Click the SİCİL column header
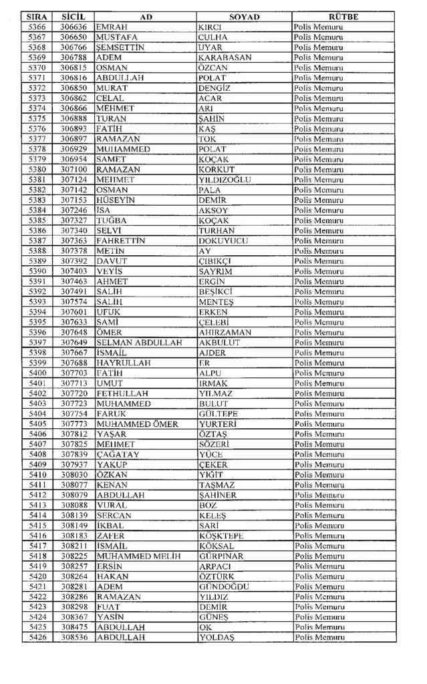click(72, 16)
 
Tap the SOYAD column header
click(243, 16)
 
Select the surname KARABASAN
click(225, 57)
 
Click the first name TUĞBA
click(112, 220)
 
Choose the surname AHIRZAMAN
click(225, 332)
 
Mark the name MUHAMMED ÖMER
click(137, 423)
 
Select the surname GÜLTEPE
click(219, 413)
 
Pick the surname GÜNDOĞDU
click(224, 586)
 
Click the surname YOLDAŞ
click(217, 637)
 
